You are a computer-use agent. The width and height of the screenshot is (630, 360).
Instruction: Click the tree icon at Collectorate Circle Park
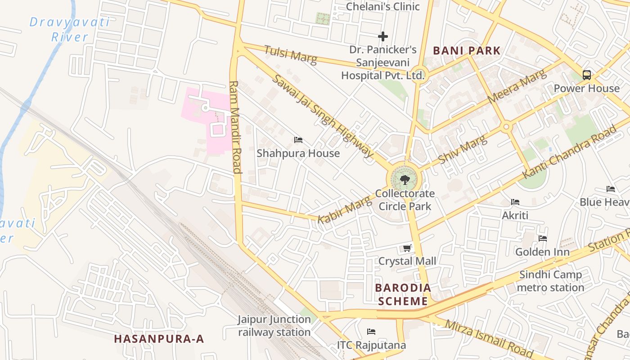click(405, 180)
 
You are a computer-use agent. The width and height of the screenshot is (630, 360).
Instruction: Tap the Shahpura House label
click(298, 153)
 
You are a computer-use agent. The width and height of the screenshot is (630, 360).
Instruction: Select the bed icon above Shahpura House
click(298, 140)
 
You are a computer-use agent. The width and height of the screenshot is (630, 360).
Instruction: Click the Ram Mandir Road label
click(236, 127)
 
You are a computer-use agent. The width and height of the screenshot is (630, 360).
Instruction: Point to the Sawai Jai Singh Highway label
click(323, 116)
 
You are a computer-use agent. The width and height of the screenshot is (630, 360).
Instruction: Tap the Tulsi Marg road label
click(290, 55)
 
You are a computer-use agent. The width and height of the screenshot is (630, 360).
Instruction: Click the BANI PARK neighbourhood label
click(467, 50)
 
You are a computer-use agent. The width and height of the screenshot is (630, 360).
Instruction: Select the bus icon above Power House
click(586, 75)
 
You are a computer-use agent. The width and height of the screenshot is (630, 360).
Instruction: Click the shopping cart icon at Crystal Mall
click(407, 248)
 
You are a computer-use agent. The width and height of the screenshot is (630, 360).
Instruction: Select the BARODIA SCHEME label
click(403, 294)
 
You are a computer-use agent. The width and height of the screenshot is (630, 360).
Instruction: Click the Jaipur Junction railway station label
click(274, 326)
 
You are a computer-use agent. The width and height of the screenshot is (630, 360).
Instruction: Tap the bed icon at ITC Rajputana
click(371, 332)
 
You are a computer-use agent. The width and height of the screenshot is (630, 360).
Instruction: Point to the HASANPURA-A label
click(159, 339)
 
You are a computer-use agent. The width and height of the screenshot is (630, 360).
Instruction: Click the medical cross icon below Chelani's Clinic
click(383, 36)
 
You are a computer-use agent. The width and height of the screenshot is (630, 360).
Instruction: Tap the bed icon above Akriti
click(515, 202)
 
